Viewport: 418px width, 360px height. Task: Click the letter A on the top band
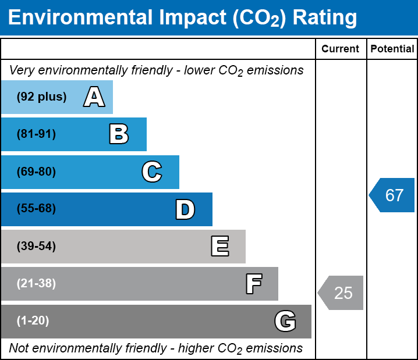(94, 97)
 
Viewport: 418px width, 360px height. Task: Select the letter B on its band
(119, 134)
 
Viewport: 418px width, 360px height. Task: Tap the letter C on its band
(152, 172)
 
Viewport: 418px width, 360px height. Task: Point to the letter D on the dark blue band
(185, 209)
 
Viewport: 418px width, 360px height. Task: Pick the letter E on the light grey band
(220, 246)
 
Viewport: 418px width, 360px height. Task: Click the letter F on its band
(254, 284)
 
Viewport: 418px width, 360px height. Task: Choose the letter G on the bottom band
(285, 321)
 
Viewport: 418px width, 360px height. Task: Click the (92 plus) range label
(41, 97)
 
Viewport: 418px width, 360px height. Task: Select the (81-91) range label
(36, 134)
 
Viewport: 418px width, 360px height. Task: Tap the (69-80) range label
(36, 172)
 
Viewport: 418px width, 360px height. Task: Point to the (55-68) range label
(36, 208)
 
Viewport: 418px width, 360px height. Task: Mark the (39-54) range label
(36, 246)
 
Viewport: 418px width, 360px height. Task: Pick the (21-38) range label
(36, 283)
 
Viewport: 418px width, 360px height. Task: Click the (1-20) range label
(33, 320)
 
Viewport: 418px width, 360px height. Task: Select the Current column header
(340, 49)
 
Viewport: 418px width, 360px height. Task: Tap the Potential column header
(392, 49)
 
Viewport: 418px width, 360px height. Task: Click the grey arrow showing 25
(341, 293)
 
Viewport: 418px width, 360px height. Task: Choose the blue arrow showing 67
(392, 195)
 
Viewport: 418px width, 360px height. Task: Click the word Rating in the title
(325, 18)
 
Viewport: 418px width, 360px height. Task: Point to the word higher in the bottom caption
(196, 348)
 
